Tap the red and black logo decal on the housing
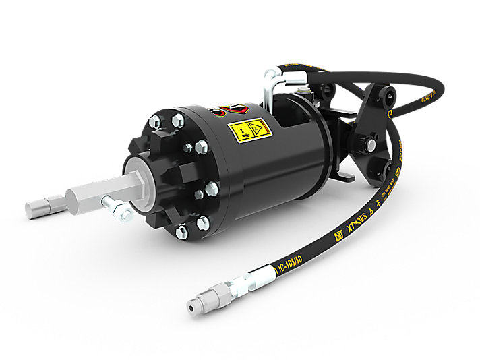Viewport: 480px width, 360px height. pos(230,109)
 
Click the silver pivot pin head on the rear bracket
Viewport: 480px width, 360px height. pos(370,144)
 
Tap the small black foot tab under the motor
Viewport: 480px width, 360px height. pos(344,176)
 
